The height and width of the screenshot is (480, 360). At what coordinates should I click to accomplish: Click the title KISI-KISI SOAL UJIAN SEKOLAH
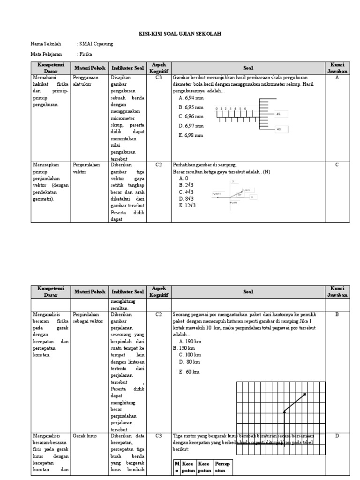coord(180,34)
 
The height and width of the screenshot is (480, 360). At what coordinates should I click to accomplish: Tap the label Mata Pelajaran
coord(46,54)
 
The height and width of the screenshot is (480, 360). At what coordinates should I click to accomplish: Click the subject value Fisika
coord(87,54)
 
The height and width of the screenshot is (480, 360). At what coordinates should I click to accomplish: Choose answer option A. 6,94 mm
coord(191,98)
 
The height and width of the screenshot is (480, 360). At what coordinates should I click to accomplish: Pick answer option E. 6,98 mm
coord(191,135)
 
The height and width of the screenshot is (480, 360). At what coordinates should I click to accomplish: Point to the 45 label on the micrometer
coord(278,114)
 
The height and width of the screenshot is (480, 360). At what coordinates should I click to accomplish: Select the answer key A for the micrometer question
coord(337,78)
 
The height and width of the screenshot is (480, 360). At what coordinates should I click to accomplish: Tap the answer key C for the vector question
coord(337,165)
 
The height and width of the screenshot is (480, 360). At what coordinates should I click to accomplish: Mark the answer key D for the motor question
coord(337,436)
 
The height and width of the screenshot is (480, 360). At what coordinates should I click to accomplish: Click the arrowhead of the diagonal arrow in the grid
coord(305,395)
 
